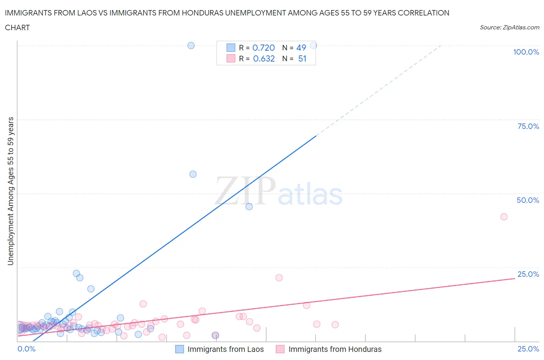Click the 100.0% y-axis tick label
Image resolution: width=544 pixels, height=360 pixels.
pyautogui.click(x=526, y=52)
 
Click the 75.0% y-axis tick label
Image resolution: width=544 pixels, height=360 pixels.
pyautogui.click(x=528, y=126)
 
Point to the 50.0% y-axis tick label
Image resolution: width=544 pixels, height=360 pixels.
pyautogui.click(x=528, y=200)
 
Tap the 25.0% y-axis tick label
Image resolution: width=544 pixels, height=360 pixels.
pyautogui.click(x=528, y=274)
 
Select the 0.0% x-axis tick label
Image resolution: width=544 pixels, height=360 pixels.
pyautogui.click(x=26, y=349)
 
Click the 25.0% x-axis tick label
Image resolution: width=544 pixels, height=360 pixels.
pyautogui.click(x=528, y=349)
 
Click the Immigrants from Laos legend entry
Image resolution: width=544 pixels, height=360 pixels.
pyautogui.click(x=219, y=349)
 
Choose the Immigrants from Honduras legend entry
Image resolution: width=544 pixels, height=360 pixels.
pyautogui.click(x=328, y=349)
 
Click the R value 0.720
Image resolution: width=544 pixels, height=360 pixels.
pyautogui.click(x=263, y=48)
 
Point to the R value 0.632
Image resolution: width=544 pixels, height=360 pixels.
pyautogui.click(x=264, y=58)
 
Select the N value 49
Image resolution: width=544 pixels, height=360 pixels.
pyautogui.click(x=301, y=48)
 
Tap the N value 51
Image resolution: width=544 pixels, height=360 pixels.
pyautogui.click(x=302, y=58)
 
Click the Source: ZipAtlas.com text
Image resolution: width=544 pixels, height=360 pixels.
pyautogui.click(x=509, y=27)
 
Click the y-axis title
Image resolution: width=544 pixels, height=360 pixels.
pyautogui.click(x=10, y=191)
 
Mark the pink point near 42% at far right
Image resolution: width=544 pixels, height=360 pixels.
pyautogui.click(x=504, y=217)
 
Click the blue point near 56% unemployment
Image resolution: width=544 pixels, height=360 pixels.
pyautogui.click(x=193, y=174)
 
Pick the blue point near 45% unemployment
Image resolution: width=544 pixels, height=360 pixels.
pyautogui.click(x=249, y=207)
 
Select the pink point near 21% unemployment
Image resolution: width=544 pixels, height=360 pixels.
pyautogui.click(x=279, y=278)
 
